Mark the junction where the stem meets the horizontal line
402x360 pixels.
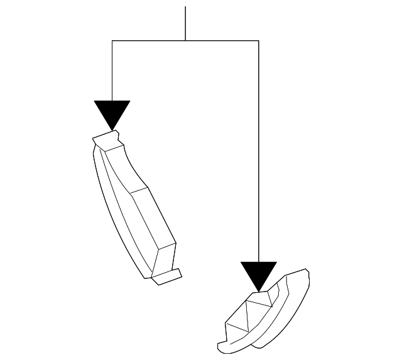click(x=185, y=41)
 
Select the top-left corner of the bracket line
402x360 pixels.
click(x=112, y=41)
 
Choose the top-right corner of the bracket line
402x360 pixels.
click(x=258, y=41)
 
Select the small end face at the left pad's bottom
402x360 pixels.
click(x=164, y=258)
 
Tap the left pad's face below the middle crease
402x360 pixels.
click(x=151, y=226)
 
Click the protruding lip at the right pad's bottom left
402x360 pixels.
click(x=224, y=346)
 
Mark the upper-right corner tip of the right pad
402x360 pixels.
click(x=307, y=271)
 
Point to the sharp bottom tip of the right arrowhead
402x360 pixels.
click(x=258, y=291)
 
